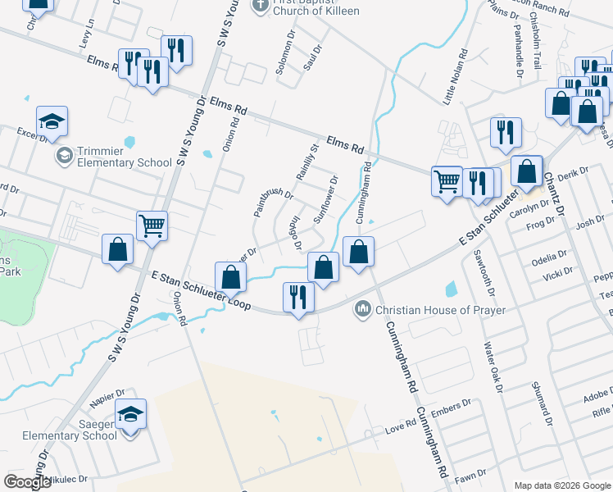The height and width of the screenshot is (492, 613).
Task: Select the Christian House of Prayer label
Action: pyautogui.click(x=440, y=310)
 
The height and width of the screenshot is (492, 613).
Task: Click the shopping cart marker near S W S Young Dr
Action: pyautogui.click(x=152, y=225)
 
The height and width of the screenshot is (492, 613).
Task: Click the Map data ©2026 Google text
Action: pyautogui.click(x=561, y=485)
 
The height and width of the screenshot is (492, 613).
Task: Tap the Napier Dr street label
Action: pyautogui.click(x=107, y=399)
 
